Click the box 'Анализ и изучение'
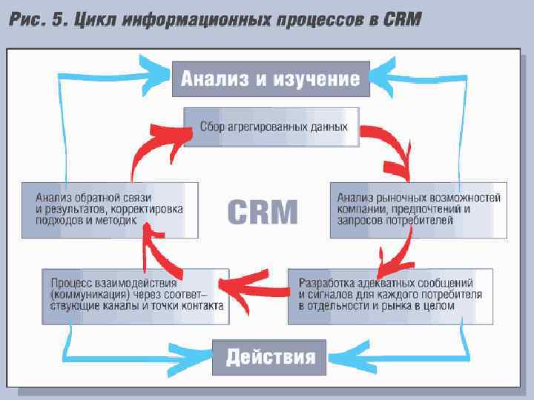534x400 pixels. pyautogui.click(x=271, y=78)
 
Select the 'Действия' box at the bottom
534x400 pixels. pyautogui.click(x=270, y=358)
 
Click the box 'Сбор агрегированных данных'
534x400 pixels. pyautogui.click(x=271, y=127)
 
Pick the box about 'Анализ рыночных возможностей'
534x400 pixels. pyautogui.click(x=418, y=210)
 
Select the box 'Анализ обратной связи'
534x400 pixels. pyautogui.click(x=110, y=210)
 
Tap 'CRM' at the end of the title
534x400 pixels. pyautogui.click(x=403, y=20)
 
